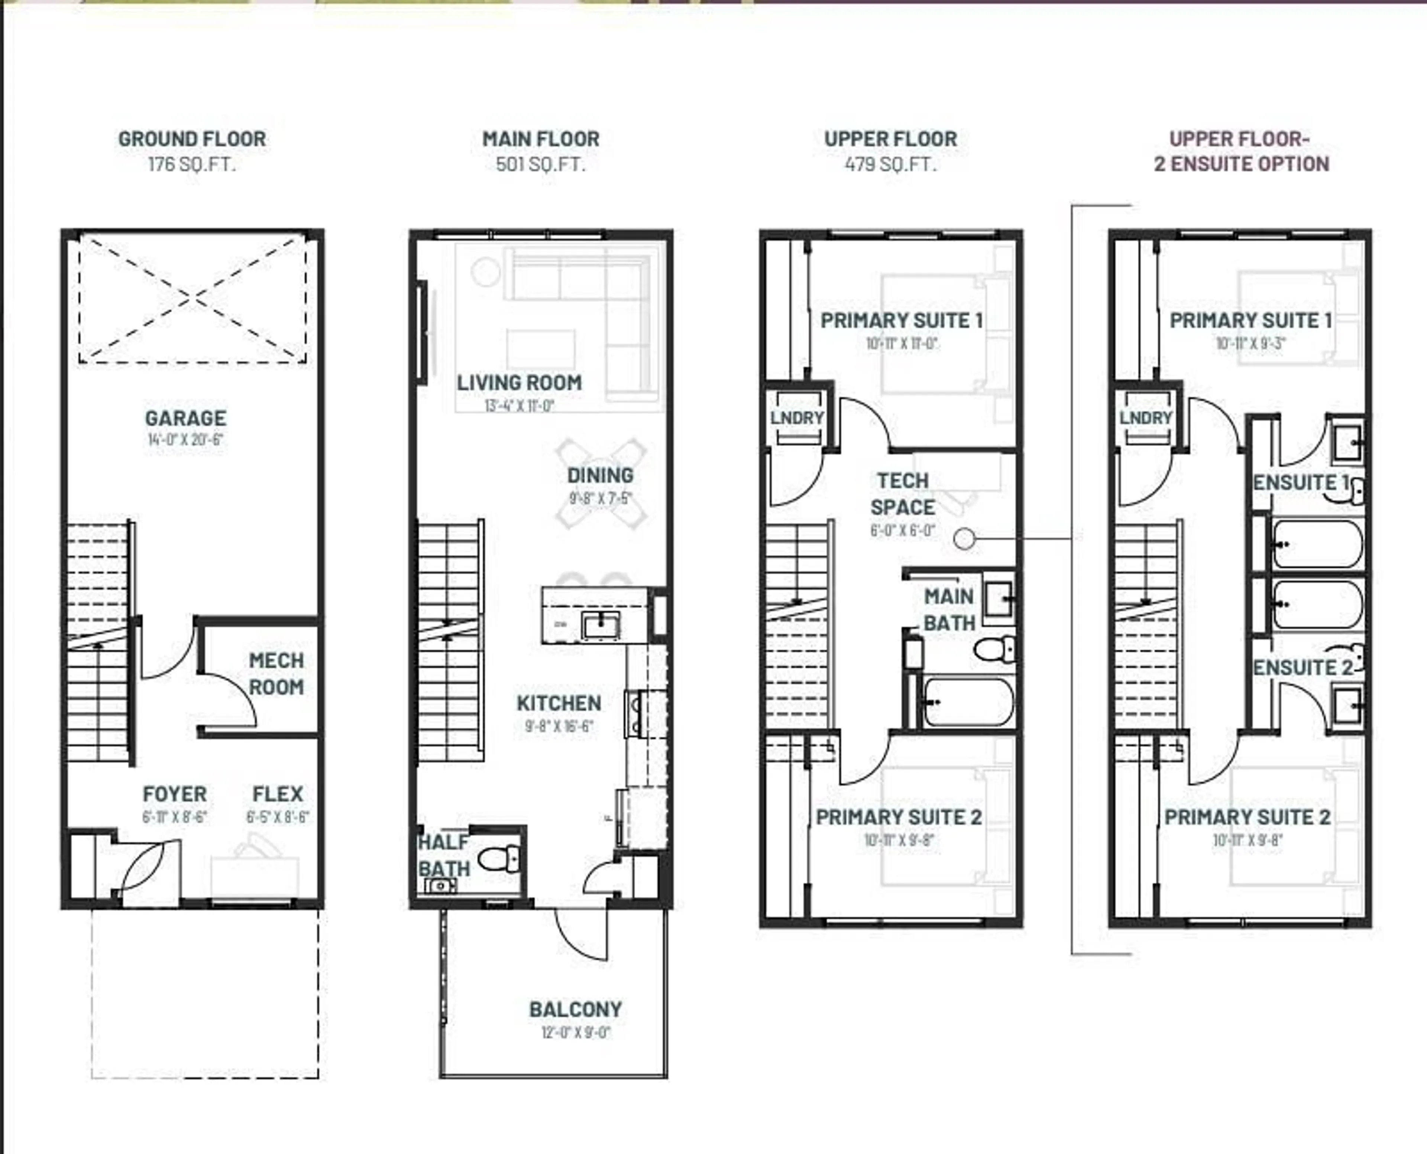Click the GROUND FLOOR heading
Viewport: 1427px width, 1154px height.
[x=192, y=139]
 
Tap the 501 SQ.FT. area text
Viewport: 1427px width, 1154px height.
[x=541, y=164]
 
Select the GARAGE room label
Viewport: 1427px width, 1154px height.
[x=185, y=418]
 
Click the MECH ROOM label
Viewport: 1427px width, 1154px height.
[x=276, y=673]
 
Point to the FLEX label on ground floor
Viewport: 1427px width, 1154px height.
[x=278, y=794]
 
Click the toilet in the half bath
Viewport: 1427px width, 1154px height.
[x=500, y=859]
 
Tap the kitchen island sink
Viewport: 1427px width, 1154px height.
[x=601, y=625]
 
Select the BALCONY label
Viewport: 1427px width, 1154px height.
[x=575, y=1009]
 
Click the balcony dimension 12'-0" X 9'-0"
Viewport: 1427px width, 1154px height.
[x=575, y=1033]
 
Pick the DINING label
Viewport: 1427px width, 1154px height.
[x=600, y=475]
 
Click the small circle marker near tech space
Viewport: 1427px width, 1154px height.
[x=964, y=539]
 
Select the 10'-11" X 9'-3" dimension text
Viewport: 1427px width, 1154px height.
[x=1250, y=344]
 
